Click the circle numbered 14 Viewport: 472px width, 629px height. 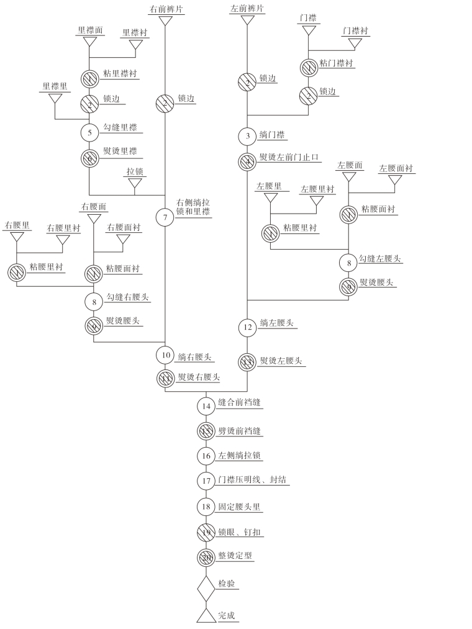206,406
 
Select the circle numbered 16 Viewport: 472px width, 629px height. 206,456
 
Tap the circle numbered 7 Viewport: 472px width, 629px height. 165,218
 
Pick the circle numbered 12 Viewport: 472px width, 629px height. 248,327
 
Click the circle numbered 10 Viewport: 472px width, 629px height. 165,355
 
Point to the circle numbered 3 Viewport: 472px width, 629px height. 248,135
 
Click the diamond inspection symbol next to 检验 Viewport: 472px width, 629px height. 206,587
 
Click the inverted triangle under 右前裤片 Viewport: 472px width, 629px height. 165,20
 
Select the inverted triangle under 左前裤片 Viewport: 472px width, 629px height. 248,20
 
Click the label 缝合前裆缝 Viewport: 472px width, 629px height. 239,403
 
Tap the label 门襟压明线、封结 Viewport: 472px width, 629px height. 254,480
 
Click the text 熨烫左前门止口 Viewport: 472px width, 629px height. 289,158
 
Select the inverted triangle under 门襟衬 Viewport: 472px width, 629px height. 355,43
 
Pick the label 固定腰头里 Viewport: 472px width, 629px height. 240,507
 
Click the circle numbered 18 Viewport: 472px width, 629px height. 206,506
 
